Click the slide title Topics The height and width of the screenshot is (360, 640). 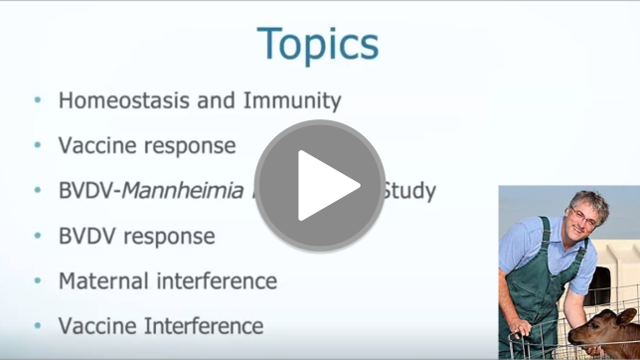(318, 45)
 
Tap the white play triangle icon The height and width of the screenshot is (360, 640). (326, 186)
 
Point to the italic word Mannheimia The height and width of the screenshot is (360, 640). (183, 190)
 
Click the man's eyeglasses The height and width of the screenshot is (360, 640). (582, 216)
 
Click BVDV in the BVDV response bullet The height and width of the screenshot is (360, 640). (88, 236)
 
